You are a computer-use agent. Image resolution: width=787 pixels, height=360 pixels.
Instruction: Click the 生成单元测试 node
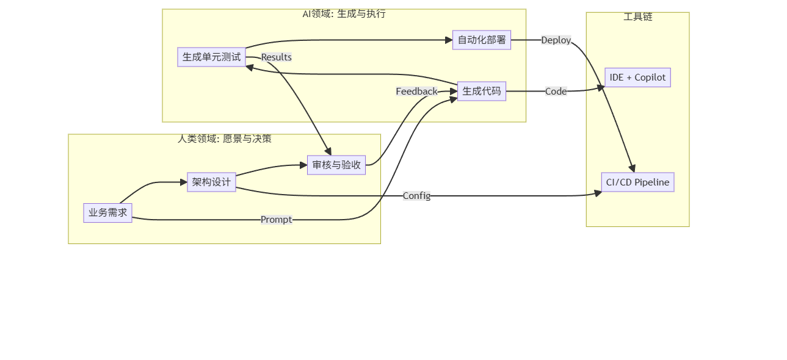coord(211,57)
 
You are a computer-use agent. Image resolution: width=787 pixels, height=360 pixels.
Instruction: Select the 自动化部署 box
coord(482,40)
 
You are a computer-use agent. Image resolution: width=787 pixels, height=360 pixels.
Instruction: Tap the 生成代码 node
coord(482,92)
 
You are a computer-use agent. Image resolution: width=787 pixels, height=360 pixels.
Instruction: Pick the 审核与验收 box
coord(336,165)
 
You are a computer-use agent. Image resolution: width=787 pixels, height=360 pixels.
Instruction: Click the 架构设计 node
coord(211,182)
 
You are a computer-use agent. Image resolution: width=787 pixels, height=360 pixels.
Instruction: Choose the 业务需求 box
coord(107,213)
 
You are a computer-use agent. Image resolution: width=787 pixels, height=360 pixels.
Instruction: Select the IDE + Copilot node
coord(637,77)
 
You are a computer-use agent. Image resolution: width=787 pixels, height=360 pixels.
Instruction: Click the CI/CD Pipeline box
coord(637,182)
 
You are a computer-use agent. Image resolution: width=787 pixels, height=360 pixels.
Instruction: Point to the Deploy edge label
coord(556,40)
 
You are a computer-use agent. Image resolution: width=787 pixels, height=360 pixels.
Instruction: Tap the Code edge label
coord(556,92)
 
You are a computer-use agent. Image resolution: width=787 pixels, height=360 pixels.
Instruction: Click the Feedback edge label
coord(416,92)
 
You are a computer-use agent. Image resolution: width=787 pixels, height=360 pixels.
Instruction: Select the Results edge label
coord(276,57)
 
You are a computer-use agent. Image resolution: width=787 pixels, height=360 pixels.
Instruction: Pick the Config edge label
coord(416,196)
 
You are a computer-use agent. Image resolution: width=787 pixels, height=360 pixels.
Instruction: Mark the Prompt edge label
coord(276,220)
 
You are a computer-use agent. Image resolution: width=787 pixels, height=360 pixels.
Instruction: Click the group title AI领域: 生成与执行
coord(344,14)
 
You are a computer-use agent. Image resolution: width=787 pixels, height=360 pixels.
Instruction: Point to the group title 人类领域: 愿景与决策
coord(224,139)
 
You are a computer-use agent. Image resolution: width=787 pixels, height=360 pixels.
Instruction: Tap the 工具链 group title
coord(637,17)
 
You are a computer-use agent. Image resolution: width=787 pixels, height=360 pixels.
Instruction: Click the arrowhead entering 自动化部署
coord(449,40)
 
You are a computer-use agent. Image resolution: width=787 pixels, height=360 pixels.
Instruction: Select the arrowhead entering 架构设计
coord(184,182)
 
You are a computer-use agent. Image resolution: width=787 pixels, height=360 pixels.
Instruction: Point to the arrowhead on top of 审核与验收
coord(328,152)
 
